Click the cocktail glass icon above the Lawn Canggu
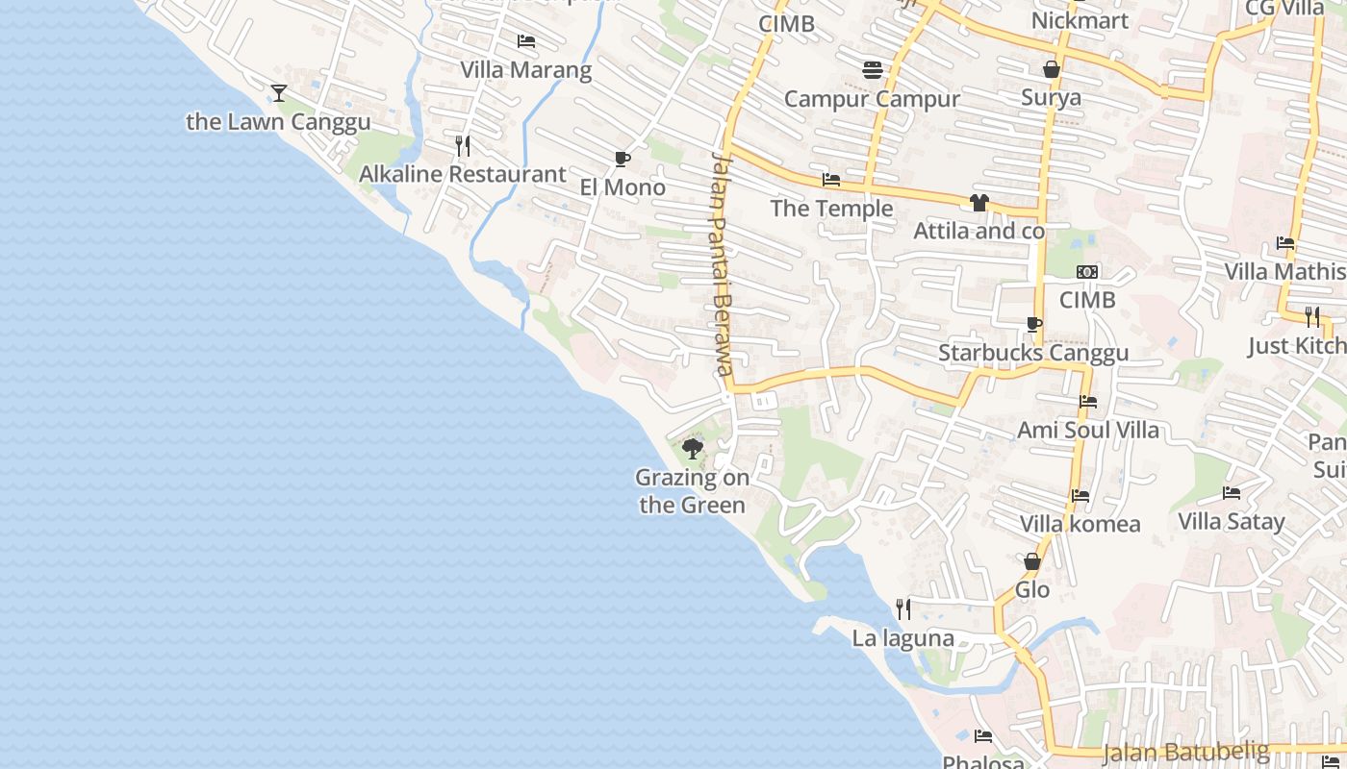(x=279, y=93)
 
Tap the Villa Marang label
(x=525, y=70)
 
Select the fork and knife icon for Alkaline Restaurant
(x=463, y=146)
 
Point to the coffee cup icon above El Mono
(x=623, y=160)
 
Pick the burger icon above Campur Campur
(x=873, y=70)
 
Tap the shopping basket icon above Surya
(x=1052, y=69)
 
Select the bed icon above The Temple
(x=831, y=181)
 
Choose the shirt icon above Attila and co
(x=978, y=203)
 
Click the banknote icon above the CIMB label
(x=1087, y=272)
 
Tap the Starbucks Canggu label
(x=1033, y=353)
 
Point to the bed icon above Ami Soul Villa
(x=1088, y=402)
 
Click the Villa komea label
(x=1080, y=524)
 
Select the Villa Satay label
(x=1232, y=522)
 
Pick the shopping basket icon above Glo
(x=1032, y=561)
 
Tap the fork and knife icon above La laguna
(x=902, y=609)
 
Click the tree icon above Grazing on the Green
(x=692, y=449)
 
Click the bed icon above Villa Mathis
(x=1285, y=243)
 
